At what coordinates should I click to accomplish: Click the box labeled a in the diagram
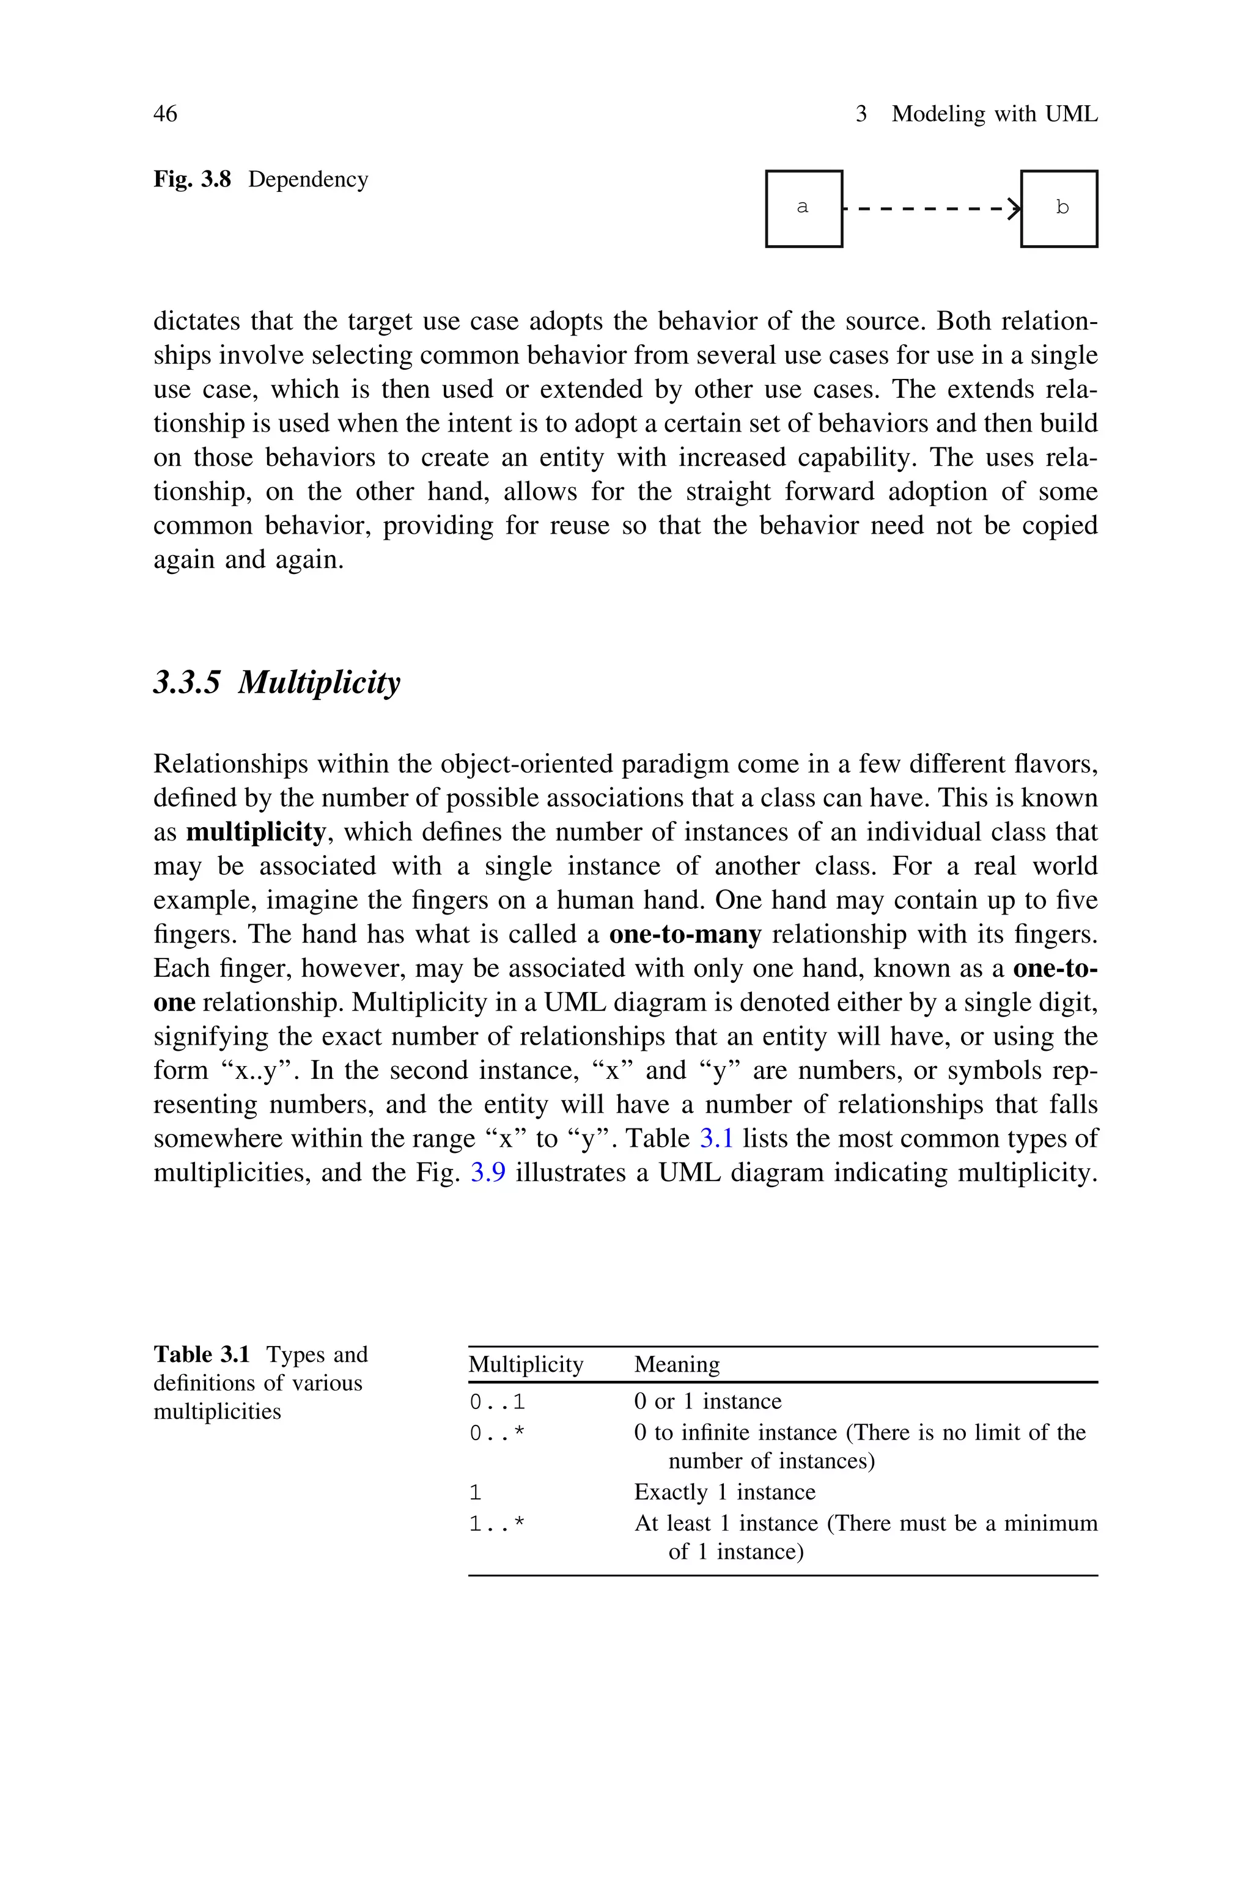point(803,208)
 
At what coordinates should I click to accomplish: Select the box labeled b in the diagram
point(1059,208)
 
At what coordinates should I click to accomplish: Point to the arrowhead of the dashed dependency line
point(1015,208)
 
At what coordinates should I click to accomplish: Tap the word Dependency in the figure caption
point(308,180)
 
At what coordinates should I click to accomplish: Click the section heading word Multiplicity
point(319,682)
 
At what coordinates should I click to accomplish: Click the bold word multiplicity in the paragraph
point(256,833)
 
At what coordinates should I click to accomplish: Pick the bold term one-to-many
point(685,935)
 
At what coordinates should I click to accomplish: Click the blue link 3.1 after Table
point(716,1139)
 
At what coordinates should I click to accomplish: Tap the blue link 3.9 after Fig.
point(488,1172)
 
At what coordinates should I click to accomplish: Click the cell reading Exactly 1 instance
point(724,1493)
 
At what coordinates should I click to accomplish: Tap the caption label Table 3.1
point(202,1355)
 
